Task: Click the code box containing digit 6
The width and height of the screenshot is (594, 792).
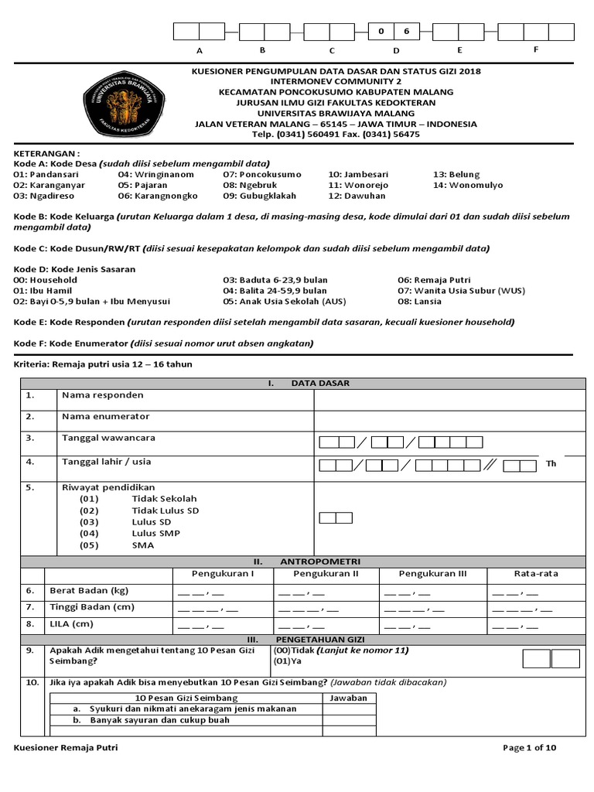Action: (x=407, y=32)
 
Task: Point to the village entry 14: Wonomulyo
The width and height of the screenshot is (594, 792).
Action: (x=468, y=186)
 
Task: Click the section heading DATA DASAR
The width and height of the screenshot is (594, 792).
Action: (x=319, y=383)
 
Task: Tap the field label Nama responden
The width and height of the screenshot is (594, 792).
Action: (x=102, y=395)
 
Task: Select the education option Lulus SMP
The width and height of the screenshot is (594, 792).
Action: (x=155, y=534)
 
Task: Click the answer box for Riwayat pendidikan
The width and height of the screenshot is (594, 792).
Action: (x=336, y=517)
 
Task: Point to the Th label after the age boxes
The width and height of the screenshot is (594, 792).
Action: (x=551, y=464)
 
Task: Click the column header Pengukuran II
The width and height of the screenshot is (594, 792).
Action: (x=326, y=574)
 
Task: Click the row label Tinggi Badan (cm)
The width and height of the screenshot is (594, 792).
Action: (x=91, y=608)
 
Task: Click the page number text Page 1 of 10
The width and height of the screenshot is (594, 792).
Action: (x=529, y=748)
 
